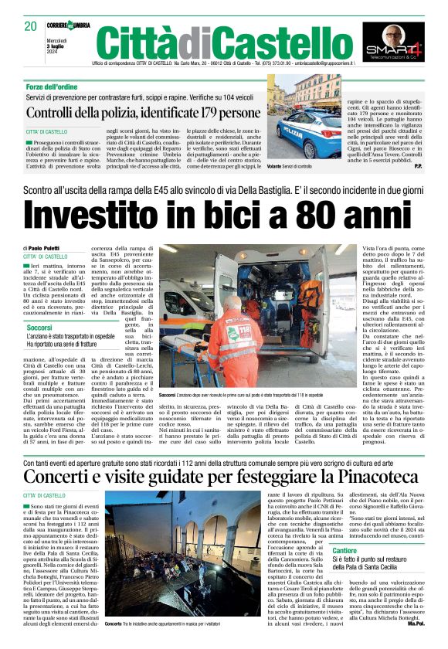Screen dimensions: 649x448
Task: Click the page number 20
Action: pyautogui.click(x=30, y=25)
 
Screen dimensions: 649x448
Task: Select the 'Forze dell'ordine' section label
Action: pyautogui.click(x=52, y=87)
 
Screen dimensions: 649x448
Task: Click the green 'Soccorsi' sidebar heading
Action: pyautogui.click(x=39, y=328)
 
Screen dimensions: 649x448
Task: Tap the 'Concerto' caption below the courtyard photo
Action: pyautogui.click(x=114, y=624)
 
